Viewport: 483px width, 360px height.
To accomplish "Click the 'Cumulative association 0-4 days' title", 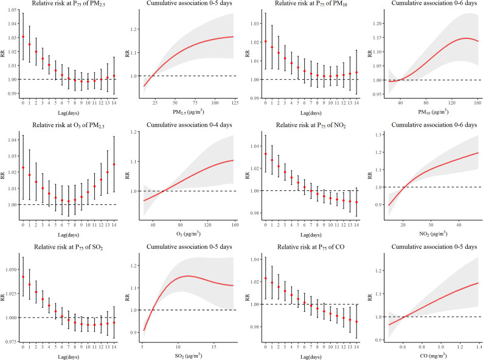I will pyautogui.click(x=182, y=125).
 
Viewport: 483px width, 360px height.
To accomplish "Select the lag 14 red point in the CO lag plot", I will pyautogui.click(x=356, y=322).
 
